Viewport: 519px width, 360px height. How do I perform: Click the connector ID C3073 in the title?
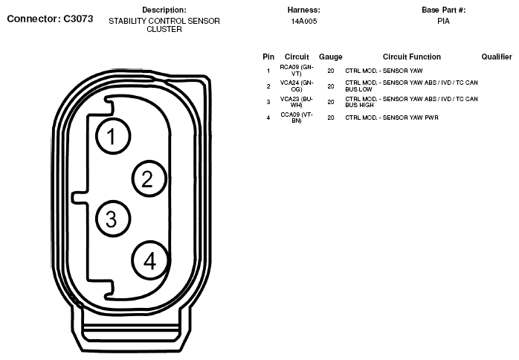tap(78, 19)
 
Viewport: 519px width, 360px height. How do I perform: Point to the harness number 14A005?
tap(304, 21)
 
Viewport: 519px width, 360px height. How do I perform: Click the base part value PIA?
tap(444, 21)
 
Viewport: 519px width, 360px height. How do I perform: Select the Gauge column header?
tap(330, 57)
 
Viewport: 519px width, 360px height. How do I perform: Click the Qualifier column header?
tap(497, 57)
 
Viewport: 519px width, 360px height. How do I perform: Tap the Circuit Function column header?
tap(412, 57)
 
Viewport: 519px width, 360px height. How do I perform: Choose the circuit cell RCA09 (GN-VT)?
tap(297, 70)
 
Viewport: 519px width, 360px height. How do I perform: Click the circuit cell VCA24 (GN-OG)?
tap(297, 86)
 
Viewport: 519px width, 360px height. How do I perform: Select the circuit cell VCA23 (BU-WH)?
tap(297, 102)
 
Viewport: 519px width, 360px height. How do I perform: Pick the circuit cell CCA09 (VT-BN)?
tap(297, 118)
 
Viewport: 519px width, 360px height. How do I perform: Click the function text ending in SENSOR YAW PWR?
tap(392, 118)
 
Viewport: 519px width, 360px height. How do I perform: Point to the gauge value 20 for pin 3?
tap(331, 102)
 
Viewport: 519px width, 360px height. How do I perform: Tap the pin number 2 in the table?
tap(268, 86)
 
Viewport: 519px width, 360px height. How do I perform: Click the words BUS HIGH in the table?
tap(359, 105)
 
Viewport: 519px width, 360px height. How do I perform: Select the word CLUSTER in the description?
tap(164, 29)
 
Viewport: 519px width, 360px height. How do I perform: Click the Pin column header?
tap(268, 57)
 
